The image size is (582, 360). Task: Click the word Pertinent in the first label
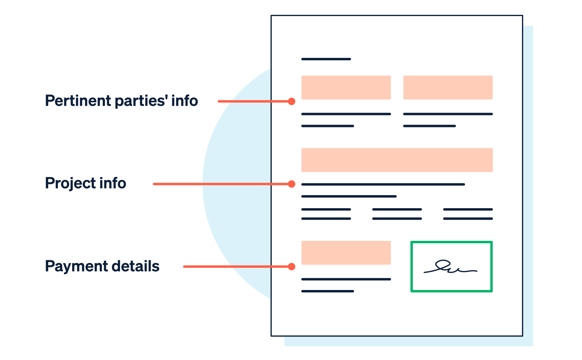point(78,101)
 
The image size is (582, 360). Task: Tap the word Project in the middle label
point(70,183)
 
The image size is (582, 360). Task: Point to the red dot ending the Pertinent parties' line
point(292,101)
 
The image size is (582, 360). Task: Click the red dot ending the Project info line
point(292,184)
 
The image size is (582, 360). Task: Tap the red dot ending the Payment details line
point(292,267)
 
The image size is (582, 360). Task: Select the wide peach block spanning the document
point(397,160)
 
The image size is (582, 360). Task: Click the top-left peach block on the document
point(346,88)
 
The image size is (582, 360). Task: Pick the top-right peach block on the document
point(448,88)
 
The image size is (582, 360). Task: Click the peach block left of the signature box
point(346,253)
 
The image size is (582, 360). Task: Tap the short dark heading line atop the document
point(326,59)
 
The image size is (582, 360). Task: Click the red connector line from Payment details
point(236,267)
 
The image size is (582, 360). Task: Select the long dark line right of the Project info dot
point(383,184)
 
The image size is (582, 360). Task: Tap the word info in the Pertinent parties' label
point(185,101)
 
